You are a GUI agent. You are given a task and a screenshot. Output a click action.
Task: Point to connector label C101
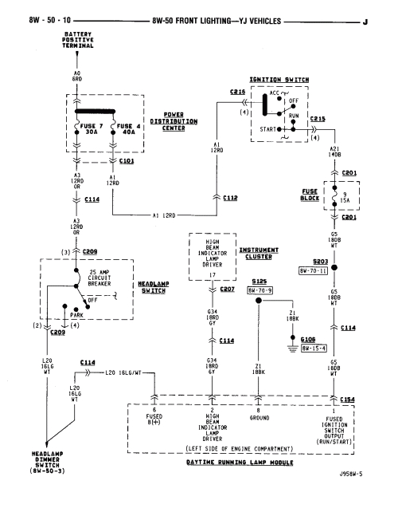tap(126, 160)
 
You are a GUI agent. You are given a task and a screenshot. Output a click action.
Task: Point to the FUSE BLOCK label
tap(311, 194)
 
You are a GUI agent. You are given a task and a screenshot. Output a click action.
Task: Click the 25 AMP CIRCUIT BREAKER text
tap(82, 280)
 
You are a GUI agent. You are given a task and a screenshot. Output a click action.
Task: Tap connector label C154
tap(348, 398)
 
